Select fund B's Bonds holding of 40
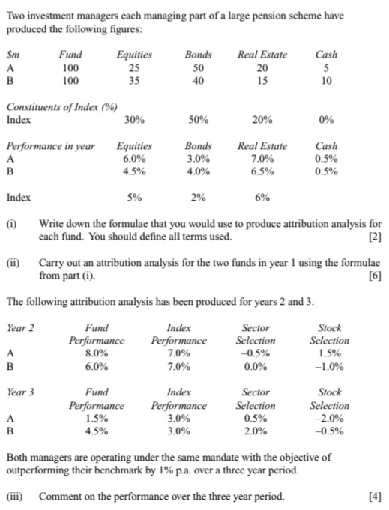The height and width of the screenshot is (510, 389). tap(198, 79)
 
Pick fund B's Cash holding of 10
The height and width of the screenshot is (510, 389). tap(327, 79)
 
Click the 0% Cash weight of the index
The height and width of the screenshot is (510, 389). tap(327, 119)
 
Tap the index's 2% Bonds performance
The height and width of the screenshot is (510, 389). tap(198, 198)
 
